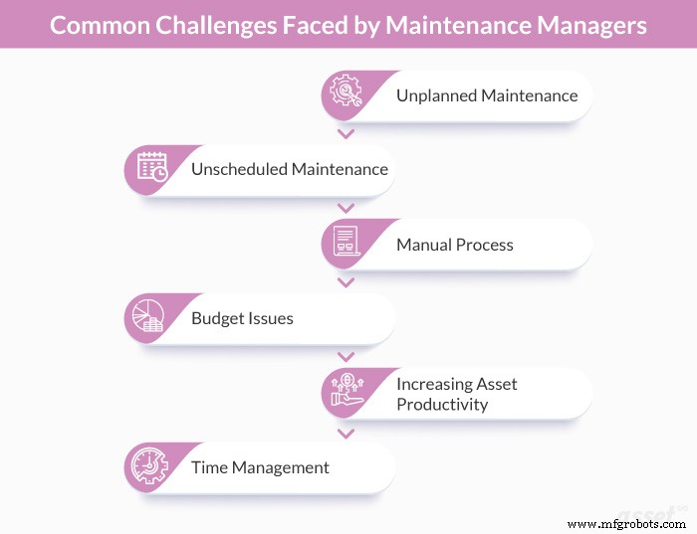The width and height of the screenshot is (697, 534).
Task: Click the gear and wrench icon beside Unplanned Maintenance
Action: click(346, 94)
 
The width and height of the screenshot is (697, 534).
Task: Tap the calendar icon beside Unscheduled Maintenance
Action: click(150, 168)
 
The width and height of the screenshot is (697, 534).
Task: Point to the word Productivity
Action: click(442, 404)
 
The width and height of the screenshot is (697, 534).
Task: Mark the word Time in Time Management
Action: click(210, 466)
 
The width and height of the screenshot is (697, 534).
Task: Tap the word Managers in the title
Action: click(590, 24)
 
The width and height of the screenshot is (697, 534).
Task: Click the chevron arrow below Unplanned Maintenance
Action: click(346, 133)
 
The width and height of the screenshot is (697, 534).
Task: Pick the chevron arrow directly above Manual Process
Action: click(346, 208)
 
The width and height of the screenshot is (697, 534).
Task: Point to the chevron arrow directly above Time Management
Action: click(346, 434)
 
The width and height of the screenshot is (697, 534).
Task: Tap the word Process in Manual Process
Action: click(485, 244)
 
